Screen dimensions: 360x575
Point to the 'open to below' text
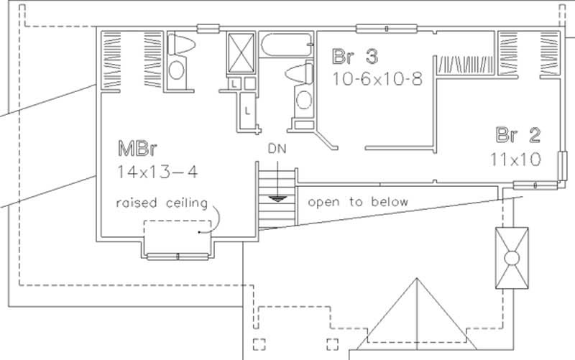pyautogui.click(x=357, y=202)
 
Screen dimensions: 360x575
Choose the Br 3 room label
pyautogui.click(x=355, y=56)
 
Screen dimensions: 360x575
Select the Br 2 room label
pyautogui.click(x=517, y=134)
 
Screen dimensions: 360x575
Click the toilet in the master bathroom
pyautogui.click(x=180, y=46)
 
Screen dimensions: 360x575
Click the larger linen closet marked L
pyautogui.click(x=247, y=111)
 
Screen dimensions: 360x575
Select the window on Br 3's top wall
pyautogui.click(x=386, y=29)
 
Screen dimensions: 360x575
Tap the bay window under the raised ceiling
pyautogui.click(x=178, y=255)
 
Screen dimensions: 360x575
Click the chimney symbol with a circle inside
pyautogui.click(x=511, y=257)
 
